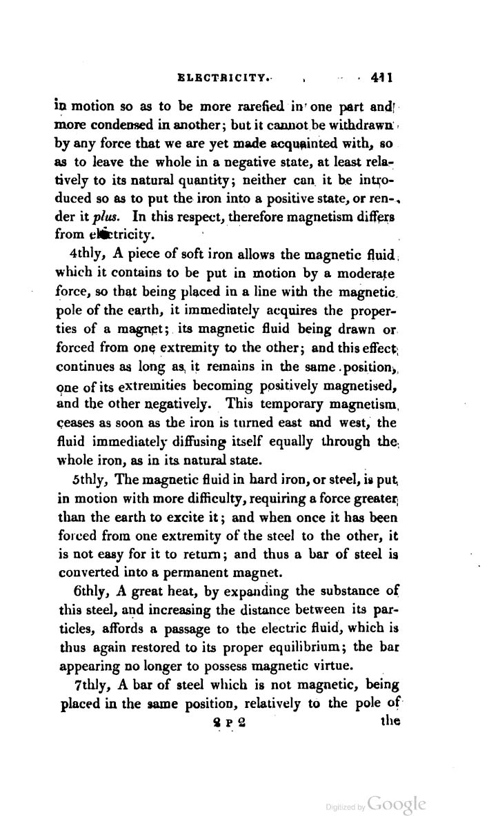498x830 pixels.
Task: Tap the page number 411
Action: pyautogui.click(x=381, y=78)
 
